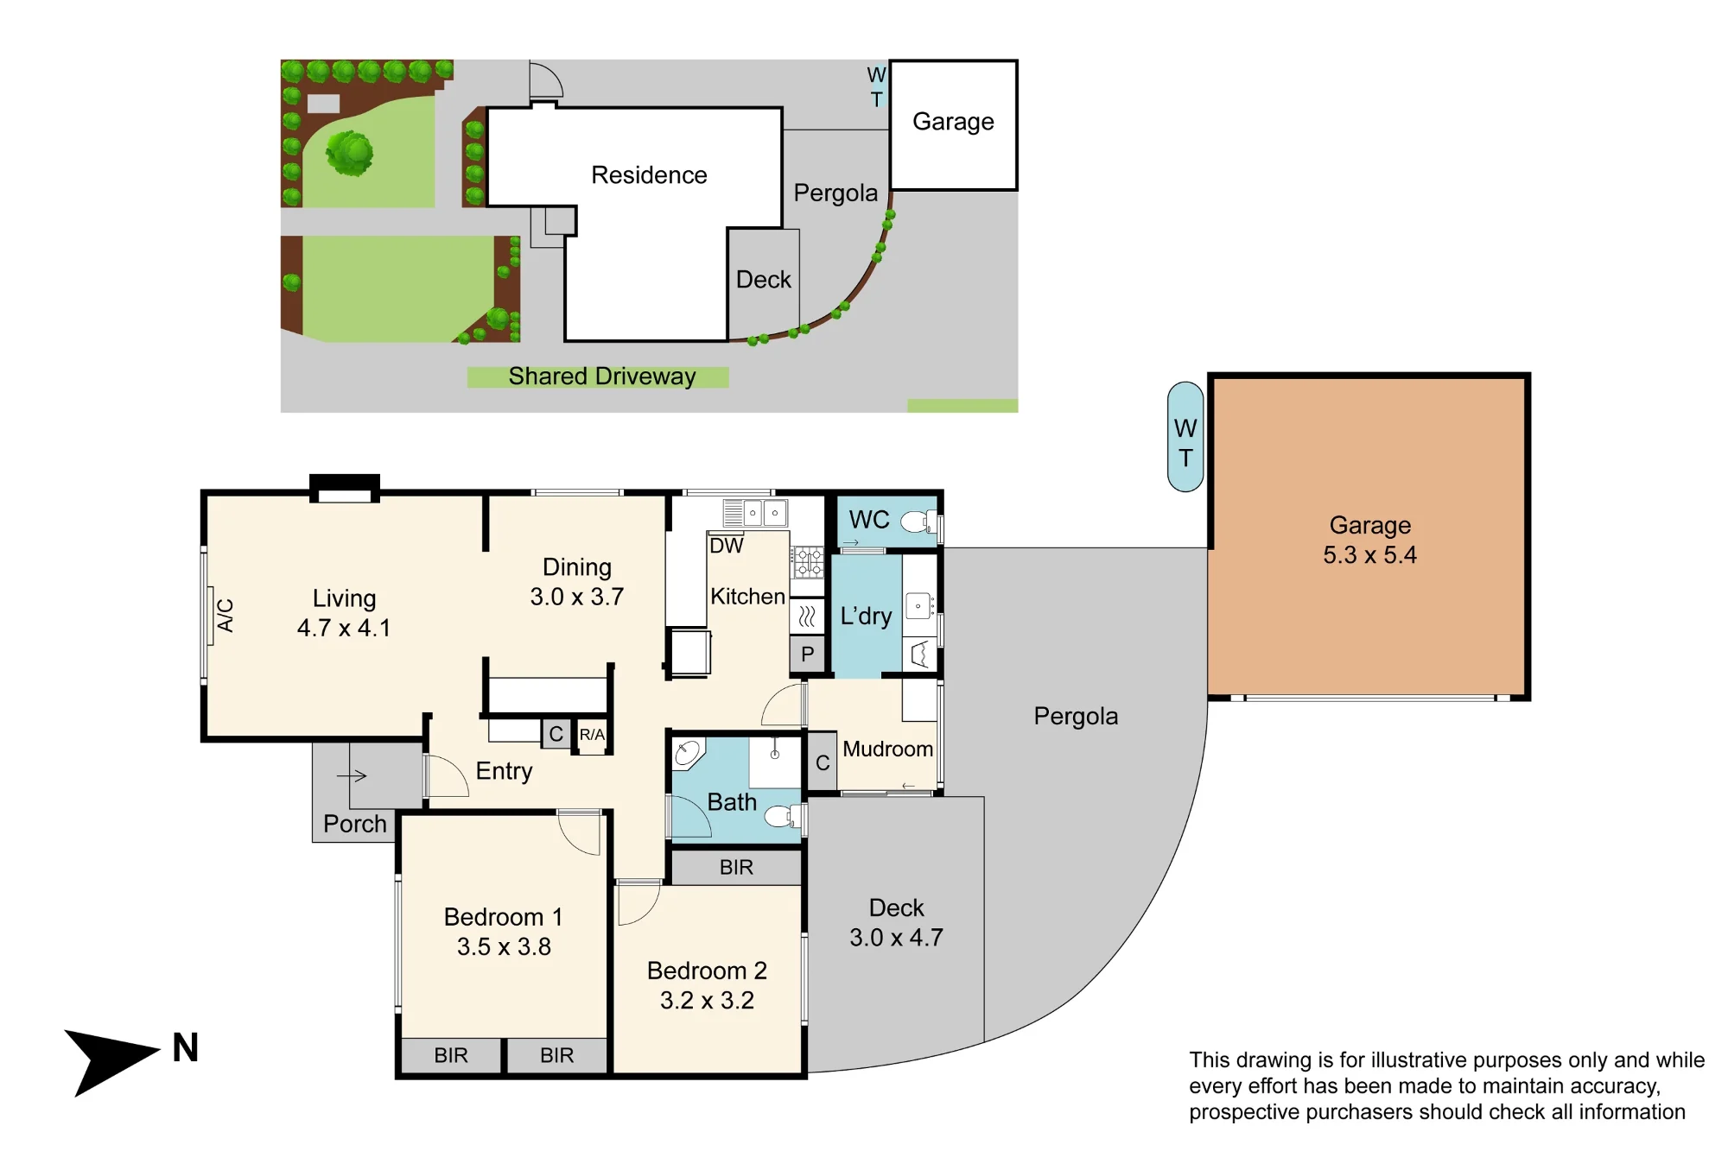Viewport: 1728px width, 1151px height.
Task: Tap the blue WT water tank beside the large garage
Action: (1185, 437)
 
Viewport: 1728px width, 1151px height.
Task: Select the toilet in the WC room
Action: (918, 522)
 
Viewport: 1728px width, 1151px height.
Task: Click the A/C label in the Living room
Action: (226, 616)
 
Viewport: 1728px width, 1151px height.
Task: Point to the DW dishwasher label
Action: (726, 546)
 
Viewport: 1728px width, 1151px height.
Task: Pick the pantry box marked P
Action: (807, 655)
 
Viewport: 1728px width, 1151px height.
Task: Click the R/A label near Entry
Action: (592, 735)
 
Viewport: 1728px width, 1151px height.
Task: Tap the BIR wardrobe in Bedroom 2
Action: (736, 867)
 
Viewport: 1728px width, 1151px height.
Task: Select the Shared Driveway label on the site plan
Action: (601, 376)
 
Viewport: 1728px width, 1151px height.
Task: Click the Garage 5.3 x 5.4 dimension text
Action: (1369, 555)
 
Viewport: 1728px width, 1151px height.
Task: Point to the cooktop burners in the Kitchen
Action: (808, 562)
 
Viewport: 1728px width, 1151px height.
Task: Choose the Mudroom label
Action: (887, 749)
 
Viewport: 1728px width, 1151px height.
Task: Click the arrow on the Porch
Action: (352, 775)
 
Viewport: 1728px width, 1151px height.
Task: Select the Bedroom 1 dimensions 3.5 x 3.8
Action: (504, 947)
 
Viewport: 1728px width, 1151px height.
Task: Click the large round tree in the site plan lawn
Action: (350, 153)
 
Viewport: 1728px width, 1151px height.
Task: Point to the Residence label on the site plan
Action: (649, 175)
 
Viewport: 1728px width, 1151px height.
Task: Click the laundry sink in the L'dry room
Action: (919, 605)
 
